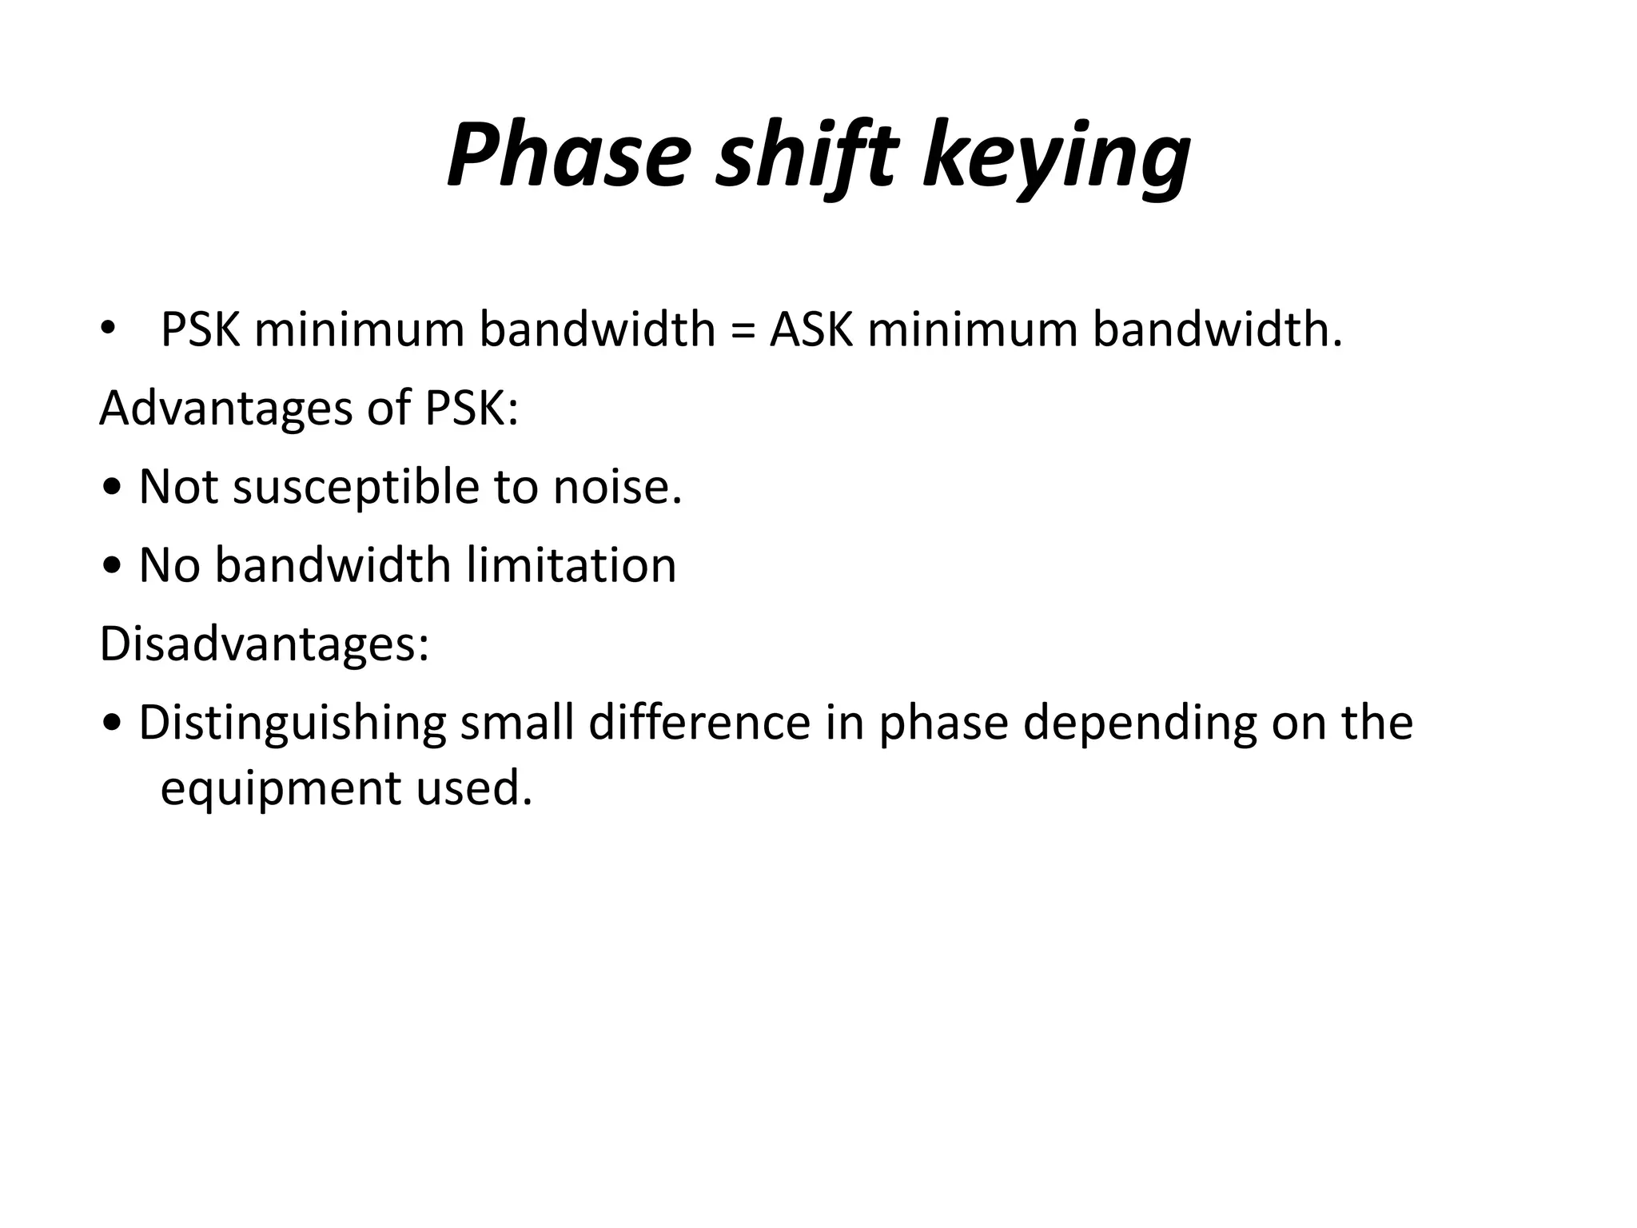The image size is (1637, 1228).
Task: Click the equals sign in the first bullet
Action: click(x=743, y=330)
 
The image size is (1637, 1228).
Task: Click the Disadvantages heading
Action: click(x=265, y=644)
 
